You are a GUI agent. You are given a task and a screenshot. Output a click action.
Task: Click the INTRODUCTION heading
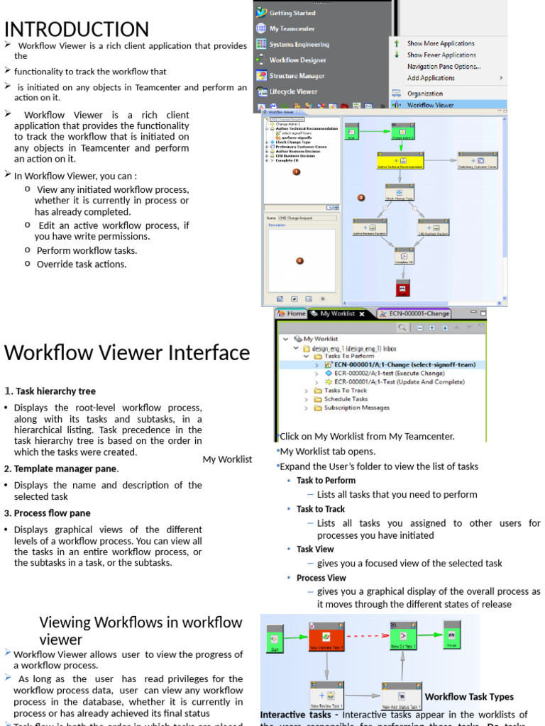pyautogui.click(x=77, y=29)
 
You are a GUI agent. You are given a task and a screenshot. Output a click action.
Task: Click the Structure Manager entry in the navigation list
pyautogui.click(x=297, y=76)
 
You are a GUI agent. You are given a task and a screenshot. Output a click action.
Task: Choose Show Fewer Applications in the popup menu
pyautogui.click(x=441, y=55)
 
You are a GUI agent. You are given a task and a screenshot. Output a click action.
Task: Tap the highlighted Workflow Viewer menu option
pyautogui.click(x=430, y=105)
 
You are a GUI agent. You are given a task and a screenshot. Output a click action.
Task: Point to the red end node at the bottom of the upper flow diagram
pyautogui.click(x=403, y=289)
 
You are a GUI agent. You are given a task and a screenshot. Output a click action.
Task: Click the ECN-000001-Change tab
pyautogui.click(x=414, y=313)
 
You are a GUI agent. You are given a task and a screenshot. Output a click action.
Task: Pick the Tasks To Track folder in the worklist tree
pyautogui.click(x=345, y=391)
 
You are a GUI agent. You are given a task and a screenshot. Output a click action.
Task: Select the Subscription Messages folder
pyautogui.click(x=356, y=408)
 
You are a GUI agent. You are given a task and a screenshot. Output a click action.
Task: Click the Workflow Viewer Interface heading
pyautogui.click(x=127, y=353)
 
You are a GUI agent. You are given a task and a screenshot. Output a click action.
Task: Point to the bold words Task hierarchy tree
pyautogui.click(x=55, y=391)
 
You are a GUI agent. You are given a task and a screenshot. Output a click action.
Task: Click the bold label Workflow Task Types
pyautogui.click(x=469, y=697)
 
